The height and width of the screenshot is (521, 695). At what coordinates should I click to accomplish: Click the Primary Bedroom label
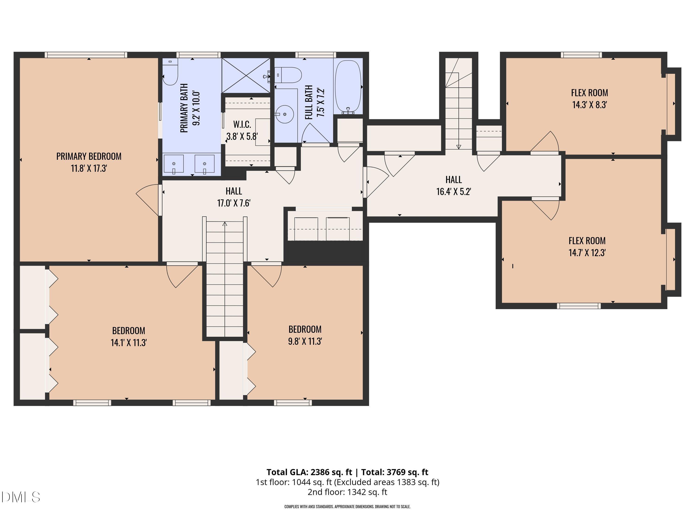click(x=89, y=162)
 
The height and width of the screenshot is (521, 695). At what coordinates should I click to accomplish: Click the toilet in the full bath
click(x=288, y=75)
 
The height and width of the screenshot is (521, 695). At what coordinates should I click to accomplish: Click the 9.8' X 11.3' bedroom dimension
click(x=305, y=341)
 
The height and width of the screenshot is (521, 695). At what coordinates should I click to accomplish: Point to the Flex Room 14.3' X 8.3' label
click(x=589, y=99)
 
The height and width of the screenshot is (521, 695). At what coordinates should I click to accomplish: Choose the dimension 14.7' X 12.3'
click(x=587, y=253)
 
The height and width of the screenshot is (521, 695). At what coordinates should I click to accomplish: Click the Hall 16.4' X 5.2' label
click(x=454, y=186)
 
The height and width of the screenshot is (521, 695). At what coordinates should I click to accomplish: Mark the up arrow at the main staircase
click(x=225, y=224)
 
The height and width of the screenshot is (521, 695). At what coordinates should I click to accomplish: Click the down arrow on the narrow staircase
click(x=459, y=147)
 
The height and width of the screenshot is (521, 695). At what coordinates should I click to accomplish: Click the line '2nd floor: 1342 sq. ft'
click(x=347, y=492)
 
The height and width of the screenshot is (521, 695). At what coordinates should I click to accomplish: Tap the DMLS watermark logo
click(x=21, y=497)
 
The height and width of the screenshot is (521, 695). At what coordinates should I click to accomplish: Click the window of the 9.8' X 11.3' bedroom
click(x=293, y=403)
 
